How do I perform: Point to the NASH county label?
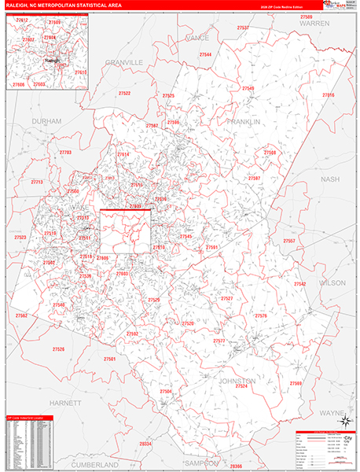pyautogui.click(x=331, y=179)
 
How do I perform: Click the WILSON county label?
pyautogui.click(x=332, y=282)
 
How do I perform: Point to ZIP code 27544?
pyautogui.click(x=205, y=55)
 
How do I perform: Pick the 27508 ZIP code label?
pyautogui.click(x=270, y=152)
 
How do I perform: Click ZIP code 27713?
pyautogui.click(x=37, y=182)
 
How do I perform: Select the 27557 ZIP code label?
pyautogui.click(x=289, y=241)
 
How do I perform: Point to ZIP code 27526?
pyautogui.click(x=58, y=348)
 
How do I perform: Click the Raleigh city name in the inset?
pyautogui.click(x=51, y=59)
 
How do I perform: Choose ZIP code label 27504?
pyautogui.click(x=166, y=391)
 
